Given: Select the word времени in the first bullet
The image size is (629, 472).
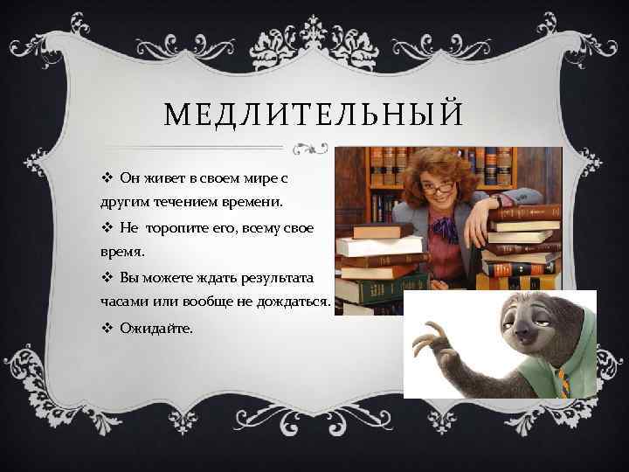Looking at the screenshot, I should click(253, 203).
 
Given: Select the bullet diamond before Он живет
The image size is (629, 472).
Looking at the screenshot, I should click(106, 178).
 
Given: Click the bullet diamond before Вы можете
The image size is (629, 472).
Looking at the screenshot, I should click(106, 277).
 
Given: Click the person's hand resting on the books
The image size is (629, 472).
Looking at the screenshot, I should click(478, 232).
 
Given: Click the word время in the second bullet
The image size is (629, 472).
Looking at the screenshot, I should click(121, 252).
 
